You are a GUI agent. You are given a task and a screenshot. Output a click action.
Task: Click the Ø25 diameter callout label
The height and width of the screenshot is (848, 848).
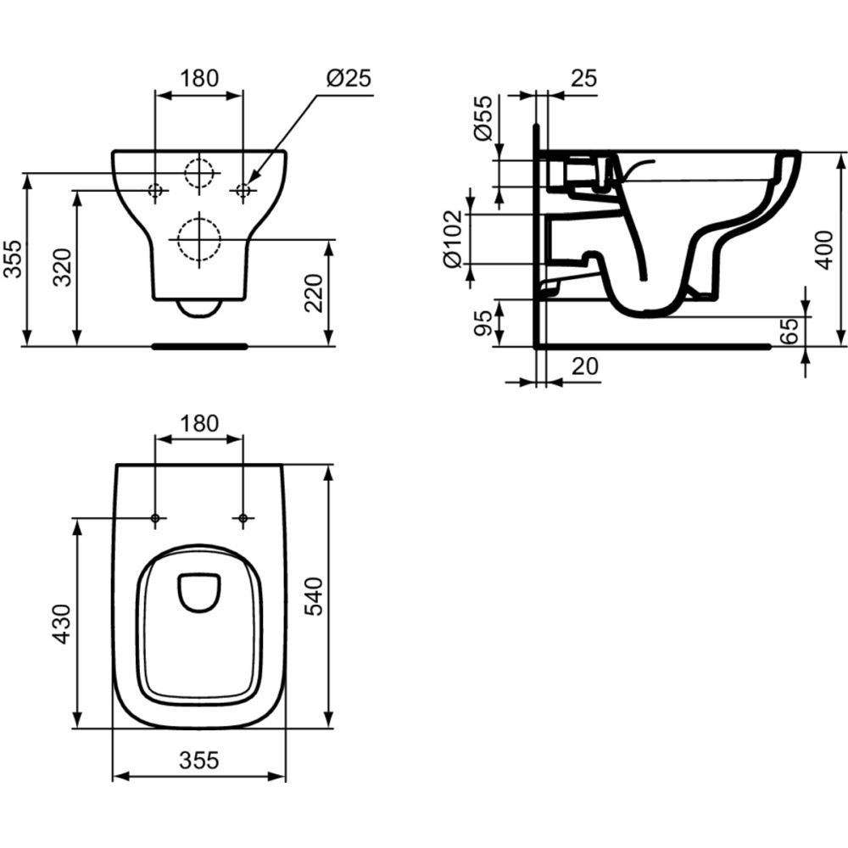pos(349,78)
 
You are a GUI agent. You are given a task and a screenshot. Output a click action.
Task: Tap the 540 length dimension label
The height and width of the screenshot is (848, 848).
pos(314,596)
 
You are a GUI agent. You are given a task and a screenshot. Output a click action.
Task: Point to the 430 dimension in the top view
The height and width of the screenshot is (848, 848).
pos(62,623)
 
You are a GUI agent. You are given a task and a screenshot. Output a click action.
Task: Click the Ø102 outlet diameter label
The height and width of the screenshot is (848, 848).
pos(453,238)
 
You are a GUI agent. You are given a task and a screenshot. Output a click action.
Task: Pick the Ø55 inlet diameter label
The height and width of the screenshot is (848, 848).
pos(483,118)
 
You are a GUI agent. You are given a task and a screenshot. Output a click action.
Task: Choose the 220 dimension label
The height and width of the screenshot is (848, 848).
pos(314,293)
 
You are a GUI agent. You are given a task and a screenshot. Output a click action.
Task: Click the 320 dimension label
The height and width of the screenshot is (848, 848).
pos(62,267)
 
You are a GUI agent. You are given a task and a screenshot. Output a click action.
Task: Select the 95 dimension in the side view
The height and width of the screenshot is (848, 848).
pos(483,323)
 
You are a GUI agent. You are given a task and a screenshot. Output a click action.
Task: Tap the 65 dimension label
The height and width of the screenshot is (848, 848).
pos(789,331)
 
